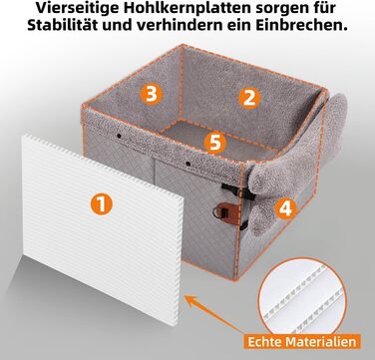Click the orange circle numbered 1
(102, 203)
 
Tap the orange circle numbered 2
(249, 98)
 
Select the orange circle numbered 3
(152, 94)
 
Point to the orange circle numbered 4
(286, 208)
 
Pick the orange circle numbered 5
(215, 143)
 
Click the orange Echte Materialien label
(302, 341)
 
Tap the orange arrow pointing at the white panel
(214, 313)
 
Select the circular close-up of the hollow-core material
(302, 295)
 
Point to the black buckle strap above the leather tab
(238, 190)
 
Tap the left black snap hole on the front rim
(119, 137)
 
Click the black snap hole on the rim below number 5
(187, 164)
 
